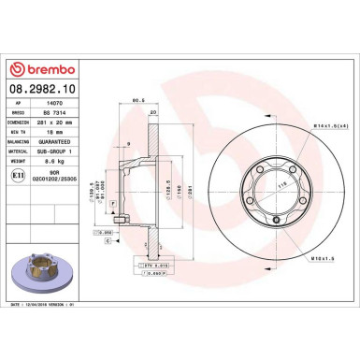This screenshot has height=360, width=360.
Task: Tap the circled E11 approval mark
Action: click(x=20, y=175)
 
